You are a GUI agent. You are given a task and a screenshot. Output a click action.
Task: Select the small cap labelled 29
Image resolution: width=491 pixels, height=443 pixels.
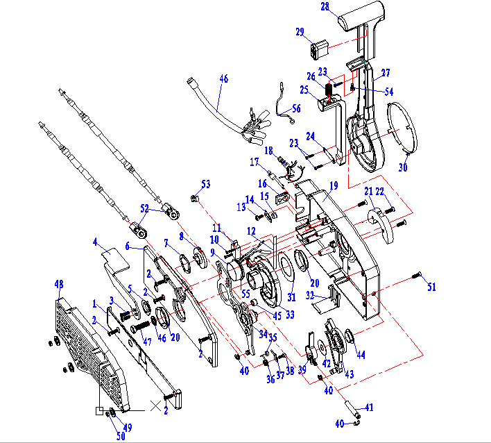(319, 51)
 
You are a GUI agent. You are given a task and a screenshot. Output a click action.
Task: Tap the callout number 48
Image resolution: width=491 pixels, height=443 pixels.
(59, 284)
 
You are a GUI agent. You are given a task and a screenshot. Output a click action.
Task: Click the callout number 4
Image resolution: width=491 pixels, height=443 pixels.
(95, 242)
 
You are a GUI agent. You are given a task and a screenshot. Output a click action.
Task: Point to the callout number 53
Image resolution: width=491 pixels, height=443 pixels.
(205, 184)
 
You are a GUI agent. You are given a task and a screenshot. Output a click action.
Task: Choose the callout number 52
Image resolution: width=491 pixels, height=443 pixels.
(144, 208)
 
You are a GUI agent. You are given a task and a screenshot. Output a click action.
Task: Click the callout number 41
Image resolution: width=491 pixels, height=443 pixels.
(369, 408)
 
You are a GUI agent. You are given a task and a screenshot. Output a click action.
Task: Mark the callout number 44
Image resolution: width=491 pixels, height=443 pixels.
(361, 355)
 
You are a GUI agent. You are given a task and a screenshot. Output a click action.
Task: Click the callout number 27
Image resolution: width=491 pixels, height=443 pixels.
(385, 72)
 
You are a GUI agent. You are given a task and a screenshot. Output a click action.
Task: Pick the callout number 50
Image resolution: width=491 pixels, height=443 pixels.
(121, 436)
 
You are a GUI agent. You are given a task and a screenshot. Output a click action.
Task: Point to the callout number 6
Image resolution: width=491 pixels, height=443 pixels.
(128, 245)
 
